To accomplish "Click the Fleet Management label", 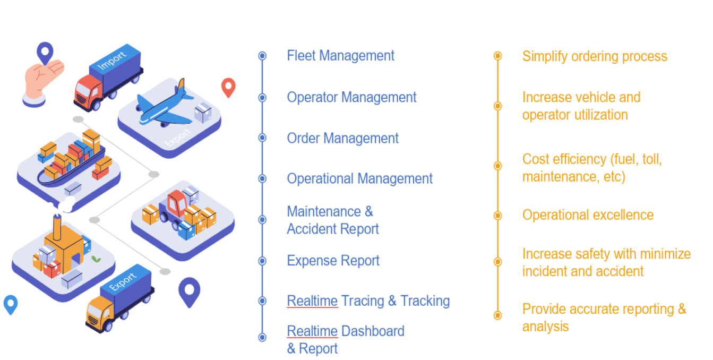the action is coord(341,56).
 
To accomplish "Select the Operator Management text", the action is coord(351,97).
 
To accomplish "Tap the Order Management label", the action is coord(342,139).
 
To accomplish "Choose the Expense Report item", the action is coord(333,261).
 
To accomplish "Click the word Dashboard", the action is coord(373,331).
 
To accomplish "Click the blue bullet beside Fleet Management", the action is coord(262,56).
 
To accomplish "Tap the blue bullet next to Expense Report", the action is coord(262,261).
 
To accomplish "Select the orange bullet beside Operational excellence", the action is coord(498,216).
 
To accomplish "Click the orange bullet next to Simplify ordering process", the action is coord(498,56).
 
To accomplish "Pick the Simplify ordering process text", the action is coord(595,57).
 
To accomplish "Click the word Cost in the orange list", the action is coord(536,159).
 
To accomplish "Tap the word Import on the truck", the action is coord(111,59).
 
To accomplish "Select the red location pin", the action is coord(228,88).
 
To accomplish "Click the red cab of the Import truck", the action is coord(88,92).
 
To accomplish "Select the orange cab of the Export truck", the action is coord(99,312).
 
